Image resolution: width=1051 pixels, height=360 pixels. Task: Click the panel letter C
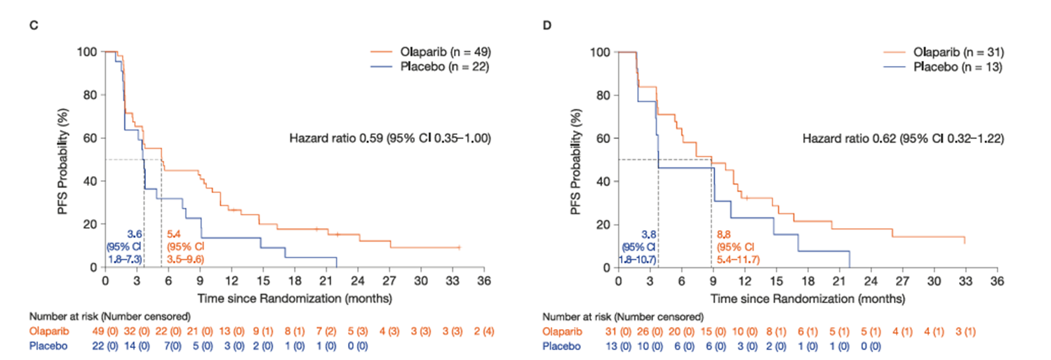point(33,25)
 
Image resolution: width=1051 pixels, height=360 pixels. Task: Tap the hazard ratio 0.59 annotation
point(389,140)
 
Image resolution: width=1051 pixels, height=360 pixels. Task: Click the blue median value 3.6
point(135,234)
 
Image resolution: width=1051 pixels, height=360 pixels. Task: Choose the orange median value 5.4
point(172,234)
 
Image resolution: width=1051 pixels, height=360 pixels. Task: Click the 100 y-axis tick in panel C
point(90,52)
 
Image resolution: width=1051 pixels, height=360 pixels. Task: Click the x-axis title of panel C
point(294,297)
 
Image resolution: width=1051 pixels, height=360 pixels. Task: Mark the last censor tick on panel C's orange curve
point(459,247)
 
